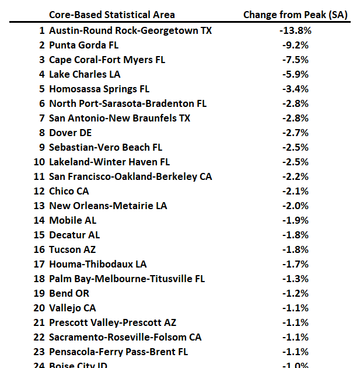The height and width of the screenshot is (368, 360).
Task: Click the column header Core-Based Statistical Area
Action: [111, 15]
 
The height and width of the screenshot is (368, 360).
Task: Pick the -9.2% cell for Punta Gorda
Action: [296, 45]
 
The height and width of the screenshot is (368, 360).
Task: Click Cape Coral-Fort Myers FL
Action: [107, 60]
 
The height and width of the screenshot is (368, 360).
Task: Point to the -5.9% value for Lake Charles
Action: [296, 74]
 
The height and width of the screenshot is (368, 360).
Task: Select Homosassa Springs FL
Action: [99, 89]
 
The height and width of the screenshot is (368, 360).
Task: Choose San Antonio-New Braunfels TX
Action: [120, 118]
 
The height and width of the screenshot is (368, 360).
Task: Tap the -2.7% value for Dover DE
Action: [296, 133]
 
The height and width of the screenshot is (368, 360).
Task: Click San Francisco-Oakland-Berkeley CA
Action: [130, 176]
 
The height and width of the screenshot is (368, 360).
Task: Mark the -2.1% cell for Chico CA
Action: [296, 191]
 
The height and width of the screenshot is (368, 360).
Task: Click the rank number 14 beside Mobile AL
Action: [39, 220]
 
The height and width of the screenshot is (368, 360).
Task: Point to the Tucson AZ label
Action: [73, 249]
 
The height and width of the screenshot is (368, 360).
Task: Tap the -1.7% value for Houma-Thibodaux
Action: [296, 264]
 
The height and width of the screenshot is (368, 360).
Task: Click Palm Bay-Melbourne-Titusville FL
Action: [127, 279]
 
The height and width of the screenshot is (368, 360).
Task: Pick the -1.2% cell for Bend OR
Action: [296, 293]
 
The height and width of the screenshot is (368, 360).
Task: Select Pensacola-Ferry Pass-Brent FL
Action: [118, 352]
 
